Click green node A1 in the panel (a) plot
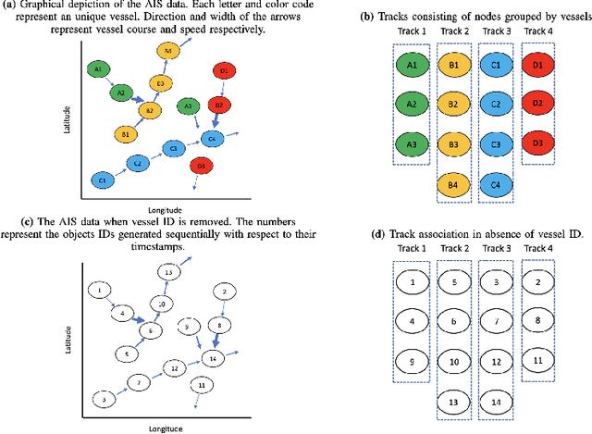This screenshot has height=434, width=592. pyautogui.click(x=98, y=69)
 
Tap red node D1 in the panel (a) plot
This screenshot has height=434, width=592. pyautogui.click(x=222, y=70)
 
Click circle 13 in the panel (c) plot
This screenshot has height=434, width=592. pyautogui.click(x=167, y=272)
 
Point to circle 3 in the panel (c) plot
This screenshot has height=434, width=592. pyautogui.click(x=105, y=399)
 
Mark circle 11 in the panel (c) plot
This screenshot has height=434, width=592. pyautogui.click(x=202, y=384)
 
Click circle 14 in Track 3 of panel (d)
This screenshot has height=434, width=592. pyautogui.click(x=496, y=403)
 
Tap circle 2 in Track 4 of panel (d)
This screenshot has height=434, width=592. pyautogui.click(x=537, y=280)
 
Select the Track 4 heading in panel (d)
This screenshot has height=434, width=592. pyautogui.click(x=538, y=250)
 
